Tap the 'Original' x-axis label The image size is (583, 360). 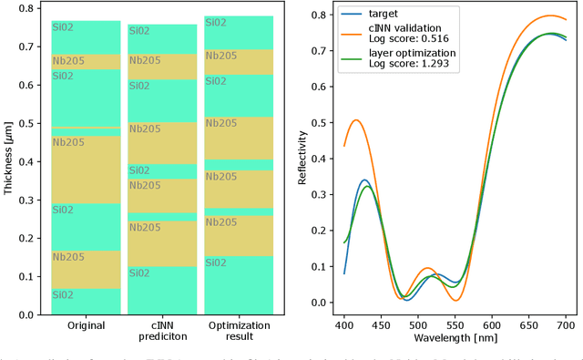pyautogui.click(x=86, y=325)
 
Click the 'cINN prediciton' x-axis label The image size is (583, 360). pyautogui.click(x=161, y=331)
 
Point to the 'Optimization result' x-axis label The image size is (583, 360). pyautogui.click(x=238, y=331)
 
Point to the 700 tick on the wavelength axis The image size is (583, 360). pyautogui.click(x=565, y=325)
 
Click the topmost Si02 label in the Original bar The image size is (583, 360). pyautogui.click(x=63, y=30)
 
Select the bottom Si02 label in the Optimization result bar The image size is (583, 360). pyautogui.click(x=216, y=263)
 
